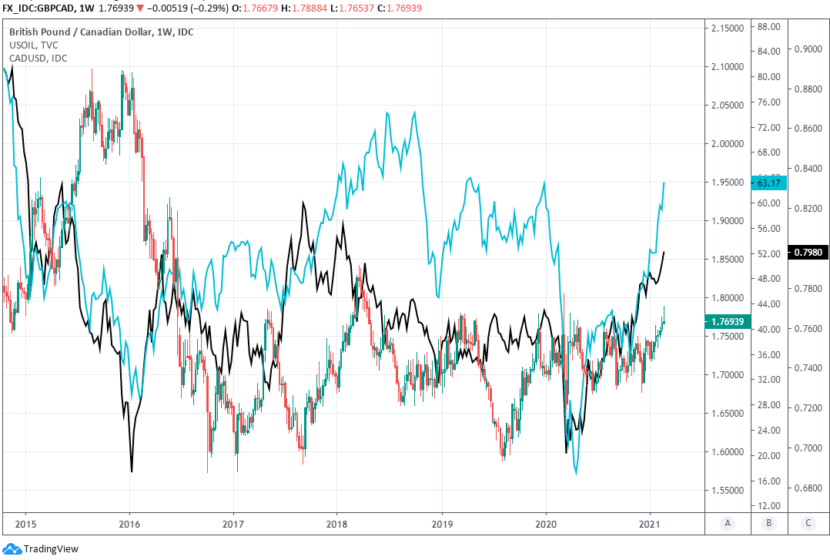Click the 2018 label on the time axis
336,524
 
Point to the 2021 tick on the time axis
650,524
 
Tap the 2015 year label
25,524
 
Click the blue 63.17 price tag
769,183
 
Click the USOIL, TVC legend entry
34,45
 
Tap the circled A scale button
728,524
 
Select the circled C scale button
808,524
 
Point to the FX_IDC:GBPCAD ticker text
39,8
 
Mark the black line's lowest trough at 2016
132,471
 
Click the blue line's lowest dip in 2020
576,474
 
